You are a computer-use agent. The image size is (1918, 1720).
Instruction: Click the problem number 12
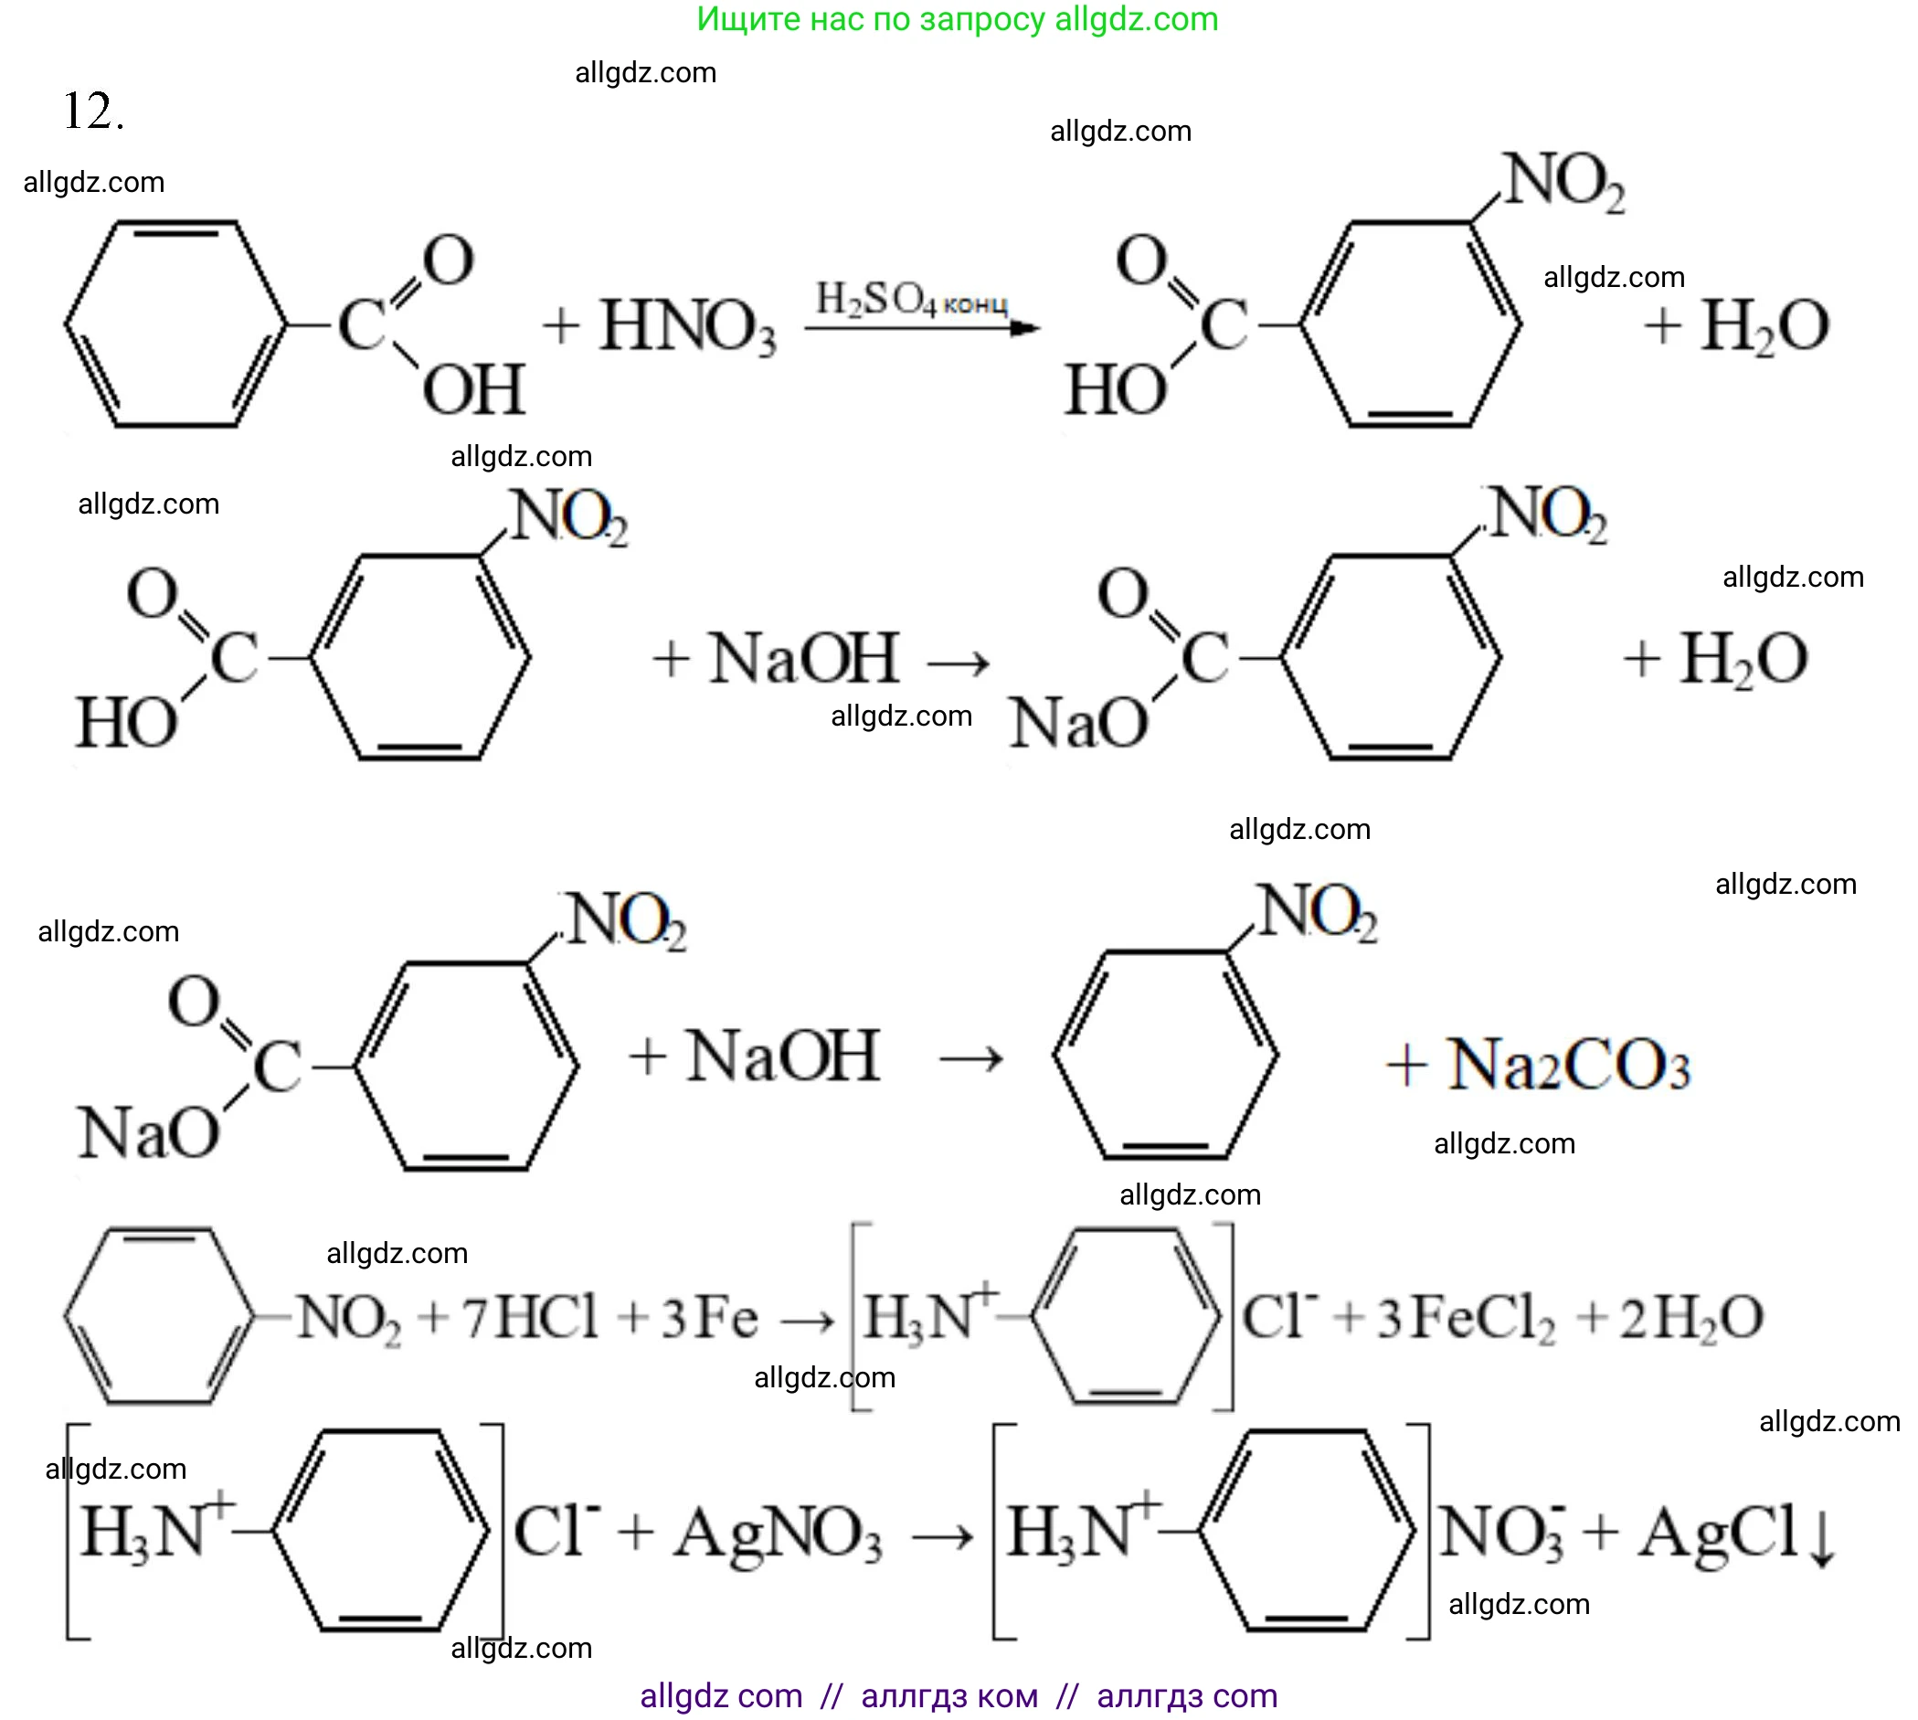[91, 111]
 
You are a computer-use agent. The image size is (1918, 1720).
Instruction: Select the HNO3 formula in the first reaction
[687, 327]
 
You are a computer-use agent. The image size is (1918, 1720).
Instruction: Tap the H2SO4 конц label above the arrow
[911, 301]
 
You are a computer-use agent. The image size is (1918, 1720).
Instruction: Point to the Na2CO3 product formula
[1567, 1065]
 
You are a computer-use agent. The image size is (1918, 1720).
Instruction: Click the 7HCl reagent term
[530, 1316]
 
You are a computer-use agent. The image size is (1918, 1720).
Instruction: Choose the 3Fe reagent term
[708, 1317]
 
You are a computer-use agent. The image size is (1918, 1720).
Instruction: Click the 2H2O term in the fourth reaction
[1691, 1317]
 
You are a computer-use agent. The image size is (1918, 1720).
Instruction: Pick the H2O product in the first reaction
[1764, 327]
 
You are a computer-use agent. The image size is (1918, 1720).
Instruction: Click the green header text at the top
[957, 19]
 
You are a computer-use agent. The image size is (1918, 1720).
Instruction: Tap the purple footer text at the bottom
[958, 1695]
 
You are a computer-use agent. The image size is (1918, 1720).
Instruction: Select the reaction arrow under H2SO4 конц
[921, 328]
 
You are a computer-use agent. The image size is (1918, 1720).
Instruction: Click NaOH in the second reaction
[804, 659]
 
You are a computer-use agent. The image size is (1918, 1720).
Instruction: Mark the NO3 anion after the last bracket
[1501, 1532]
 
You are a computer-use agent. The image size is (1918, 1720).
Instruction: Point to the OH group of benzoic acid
[473, 389]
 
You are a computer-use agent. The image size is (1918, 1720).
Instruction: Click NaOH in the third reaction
[783, 1056]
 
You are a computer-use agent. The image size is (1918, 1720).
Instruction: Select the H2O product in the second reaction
[1743, 659]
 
